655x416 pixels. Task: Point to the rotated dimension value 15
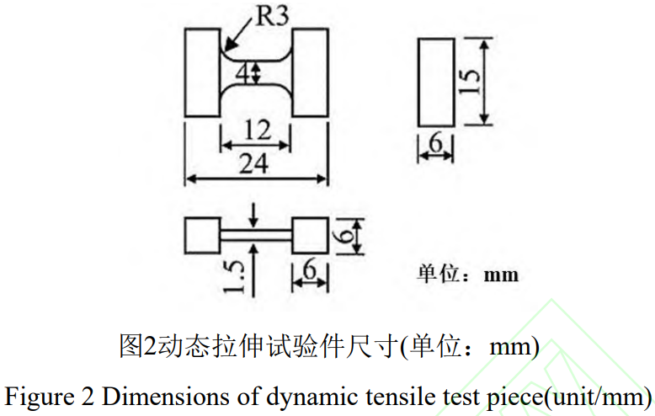(x=471, y=80)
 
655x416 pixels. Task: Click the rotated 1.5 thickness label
(x=236, y=278)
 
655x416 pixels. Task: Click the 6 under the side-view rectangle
(x=436, y=145)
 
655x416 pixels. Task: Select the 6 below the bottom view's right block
(x=309, y=271)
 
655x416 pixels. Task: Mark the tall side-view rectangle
(x=436, y=81)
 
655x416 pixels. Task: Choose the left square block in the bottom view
(x=202, y=235)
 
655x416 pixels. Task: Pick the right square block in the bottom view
(x=309, y=235)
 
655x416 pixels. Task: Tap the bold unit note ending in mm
(x=467, y=275)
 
